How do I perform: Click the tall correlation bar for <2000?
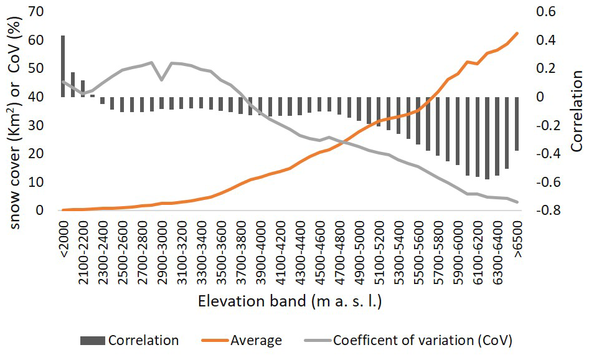pos(63,66)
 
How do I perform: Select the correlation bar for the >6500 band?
pos(517,123)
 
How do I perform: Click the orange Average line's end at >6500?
pos(517,34)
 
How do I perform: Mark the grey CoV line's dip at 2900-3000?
pos(162,79)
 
